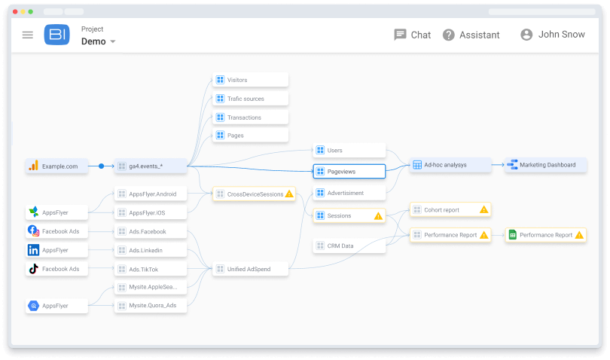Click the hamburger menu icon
pos(28,35)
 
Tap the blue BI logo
pos(56,35)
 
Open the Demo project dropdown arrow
pos(113,41)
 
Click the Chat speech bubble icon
pos(400,35)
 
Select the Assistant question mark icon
pos(449,35)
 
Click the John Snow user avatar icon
pos(526,35)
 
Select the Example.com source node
pos(56,166)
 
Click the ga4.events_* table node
pos(151,166)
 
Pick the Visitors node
pos(251,80)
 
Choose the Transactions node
pos(251,117)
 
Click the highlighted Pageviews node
pos(349,171)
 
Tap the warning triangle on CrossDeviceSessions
pos(289,194)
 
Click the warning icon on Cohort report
pos(483,210)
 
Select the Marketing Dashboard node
pos(546,165)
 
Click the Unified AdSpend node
pos(251,269)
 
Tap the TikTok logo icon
pos(33,269)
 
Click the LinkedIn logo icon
pos(33,250)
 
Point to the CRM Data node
pos(349,246)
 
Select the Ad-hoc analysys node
pos(450,165)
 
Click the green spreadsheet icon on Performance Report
pos(513,235)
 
